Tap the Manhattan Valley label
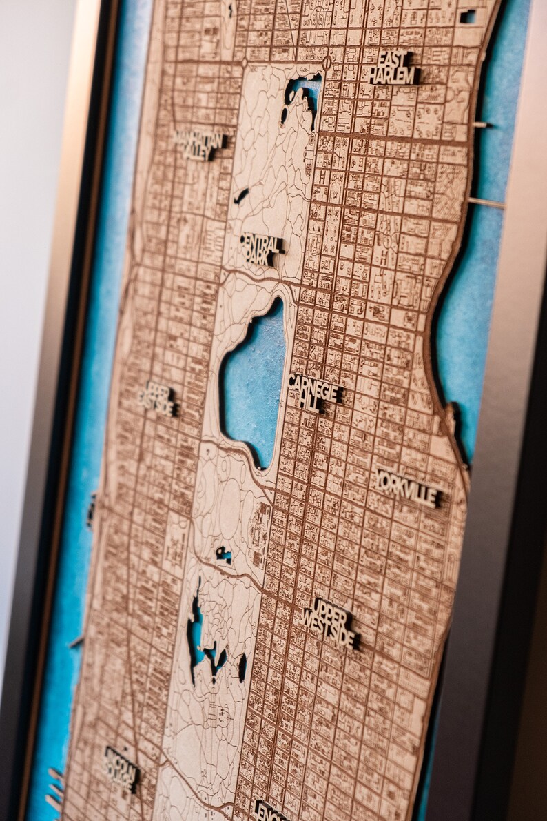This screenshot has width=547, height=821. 200,144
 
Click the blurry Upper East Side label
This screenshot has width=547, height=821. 159,399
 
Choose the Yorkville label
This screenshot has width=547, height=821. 409,488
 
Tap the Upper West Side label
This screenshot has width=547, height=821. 330,622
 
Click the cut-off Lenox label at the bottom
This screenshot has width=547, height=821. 271,811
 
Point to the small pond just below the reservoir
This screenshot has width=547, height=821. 223,553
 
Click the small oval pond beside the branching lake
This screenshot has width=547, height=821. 242,667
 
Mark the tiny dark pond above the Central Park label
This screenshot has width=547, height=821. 241,196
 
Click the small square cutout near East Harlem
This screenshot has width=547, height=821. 468,16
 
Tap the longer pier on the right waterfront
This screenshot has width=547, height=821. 486,203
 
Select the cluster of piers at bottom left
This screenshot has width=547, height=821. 54,789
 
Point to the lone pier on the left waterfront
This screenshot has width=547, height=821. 75,642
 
